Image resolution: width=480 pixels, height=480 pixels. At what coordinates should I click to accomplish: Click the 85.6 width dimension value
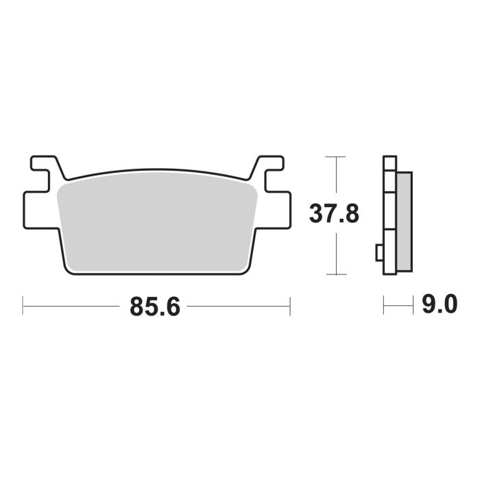[155, 307]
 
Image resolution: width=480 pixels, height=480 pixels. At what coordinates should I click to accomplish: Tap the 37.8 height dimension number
[333, 215]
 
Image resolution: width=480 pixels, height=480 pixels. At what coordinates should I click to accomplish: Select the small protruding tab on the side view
[379, 252]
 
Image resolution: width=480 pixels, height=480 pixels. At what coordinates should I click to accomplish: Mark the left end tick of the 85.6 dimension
[23, 307]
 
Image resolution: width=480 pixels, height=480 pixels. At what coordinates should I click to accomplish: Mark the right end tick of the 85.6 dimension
[290, 307]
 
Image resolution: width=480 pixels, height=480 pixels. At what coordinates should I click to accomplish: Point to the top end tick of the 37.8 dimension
[334, 157]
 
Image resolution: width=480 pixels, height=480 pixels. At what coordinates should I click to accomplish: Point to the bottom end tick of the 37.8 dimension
[334, 274]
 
